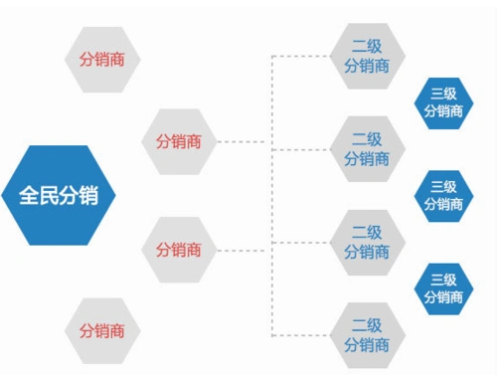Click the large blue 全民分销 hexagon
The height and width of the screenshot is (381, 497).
[x=59, y=194]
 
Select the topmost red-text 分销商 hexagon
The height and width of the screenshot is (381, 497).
[x=102, y=59]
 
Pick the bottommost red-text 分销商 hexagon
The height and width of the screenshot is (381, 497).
[x=102, y=329]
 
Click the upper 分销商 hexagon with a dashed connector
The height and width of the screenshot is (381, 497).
[x=179, y=141]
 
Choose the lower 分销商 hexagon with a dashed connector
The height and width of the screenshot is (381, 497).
[x=179, y=249]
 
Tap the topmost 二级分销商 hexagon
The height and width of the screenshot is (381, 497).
[x=367, y=56]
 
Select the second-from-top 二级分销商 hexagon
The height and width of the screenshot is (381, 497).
[x=367, y=148]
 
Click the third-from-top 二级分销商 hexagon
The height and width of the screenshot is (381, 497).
[x=367, y=242]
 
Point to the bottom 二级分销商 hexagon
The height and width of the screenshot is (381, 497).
[x=367, y=335]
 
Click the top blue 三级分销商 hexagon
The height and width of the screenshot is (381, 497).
[x=443, y=102]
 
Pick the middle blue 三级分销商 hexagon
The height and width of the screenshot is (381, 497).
[x=443, y=195]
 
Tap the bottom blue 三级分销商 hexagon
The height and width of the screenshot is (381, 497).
[x=443, y=287]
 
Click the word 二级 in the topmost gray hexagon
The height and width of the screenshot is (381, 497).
[x=367, y=46]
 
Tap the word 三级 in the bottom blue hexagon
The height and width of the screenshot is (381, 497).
[x=443, y=279]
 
